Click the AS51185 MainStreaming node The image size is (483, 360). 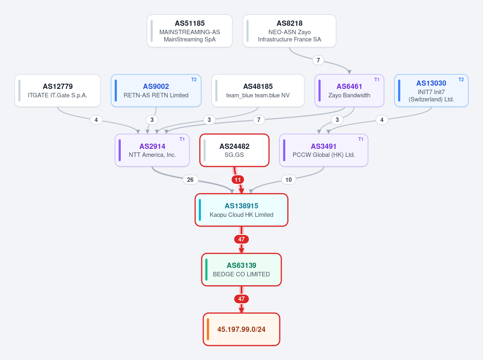[x=190, y=31]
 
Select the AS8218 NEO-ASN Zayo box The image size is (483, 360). [x=289, y=31]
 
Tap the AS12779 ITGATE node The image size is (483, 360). [x=58, y=91]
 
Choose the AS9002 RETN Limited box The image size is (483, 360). [x=156, y=91]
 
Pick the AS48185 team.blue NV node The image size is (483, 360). [x=258, y=91]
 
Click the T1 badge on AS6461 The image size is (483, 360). [x=377, y=80]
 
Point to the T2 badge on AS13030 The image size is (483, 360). [x=461, y=80]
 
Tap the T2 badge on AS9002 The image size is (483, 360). [x=194, y=80]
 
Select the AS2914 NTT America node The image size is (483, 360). [x=152, y=150]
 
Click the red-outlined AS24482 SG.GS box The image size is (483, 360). [x=234, y=150]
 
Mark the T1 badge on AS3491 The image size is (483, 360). [x=360, y=139]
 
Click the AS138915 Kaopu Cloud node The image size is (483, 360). [x=242, y=210]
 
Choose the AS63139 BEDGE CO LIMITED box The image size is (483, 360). [x=242, y=269]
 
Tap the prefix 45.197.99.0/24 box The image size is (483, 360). [x=242, y=329]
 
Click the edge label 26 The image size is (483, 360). [x=190, y=180]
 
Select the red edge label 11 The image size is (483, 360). [x=237, y=180]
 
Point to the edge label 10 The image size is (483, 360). [x=289, y=180]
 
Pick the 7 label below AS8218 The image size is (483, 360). [x=318, y=60]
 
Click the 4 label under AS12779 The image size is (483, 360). [x=96, y=120]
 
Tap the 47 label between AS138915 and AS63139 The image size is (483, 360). [x=242, y=239]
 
